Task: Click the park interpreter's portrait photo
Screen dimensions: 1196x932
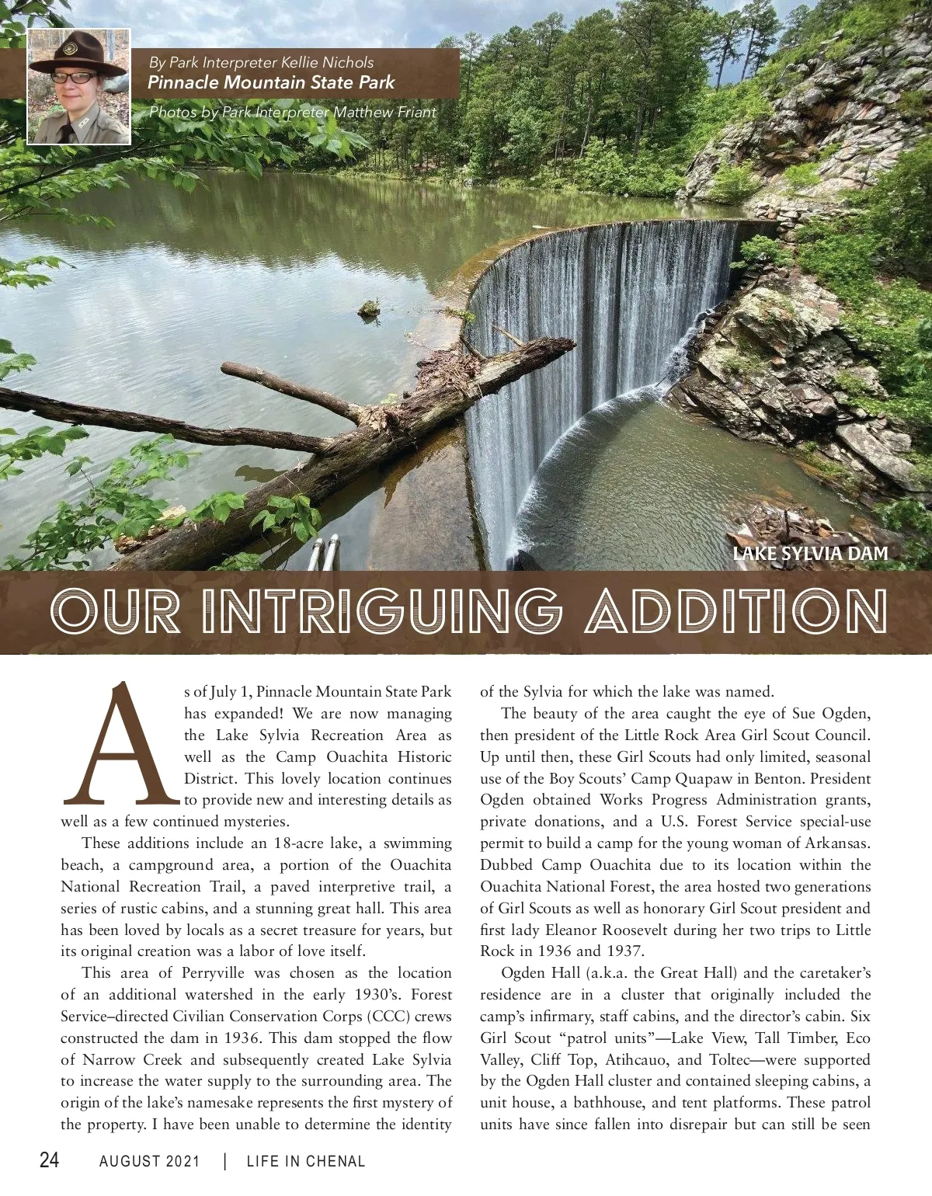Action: pyautogui.click(x=79, y=87)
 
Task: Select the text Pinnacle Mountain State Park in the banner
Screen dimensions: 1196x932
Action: pyautogui.click(x=271, y=82)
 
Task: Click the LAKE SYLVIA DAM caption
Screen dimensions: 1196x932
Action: pyautogui.click(x=810, y=553)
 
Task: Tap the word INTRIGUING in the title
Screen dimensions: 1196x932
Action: pyautogui.click(x=381, y=611)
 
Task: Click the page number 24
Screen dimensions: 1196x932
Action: pyautogui.click(x=49, y=1160)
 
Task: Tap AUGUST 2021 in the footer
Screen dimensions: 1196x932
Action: pyautogui.click(x=149, y=1161)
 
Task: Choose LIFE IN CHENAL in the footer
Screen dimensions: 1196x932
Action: pyautogui.click(x=305, y=1161)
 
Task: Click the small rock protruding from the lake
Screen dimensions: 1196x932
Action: pyautogui.click(x=370, y=310)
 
